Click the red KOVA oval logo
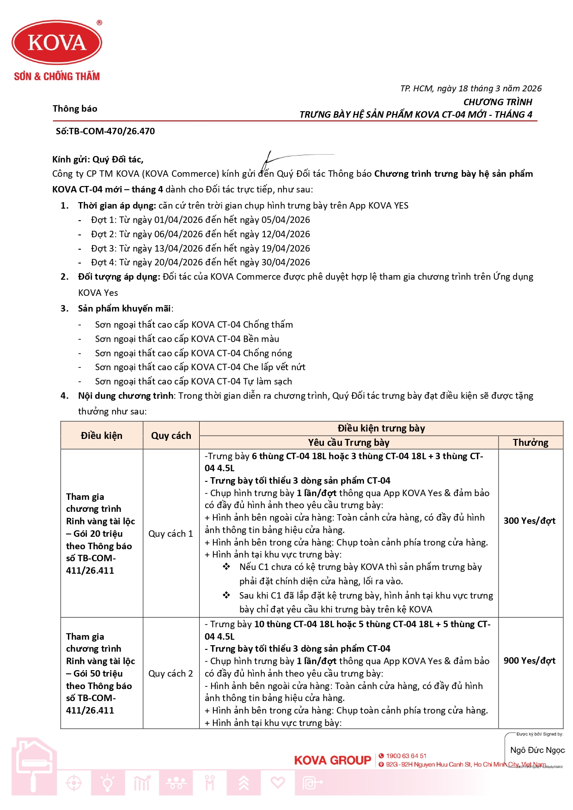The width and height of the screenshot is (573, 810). [57, 42]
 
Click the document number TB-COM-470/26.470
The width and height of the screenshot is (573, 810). [105, 131]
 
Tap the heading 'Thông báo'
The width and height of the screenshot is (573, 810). [75, 108]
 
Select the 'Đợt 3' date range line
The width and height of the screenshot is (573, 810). [200, 248]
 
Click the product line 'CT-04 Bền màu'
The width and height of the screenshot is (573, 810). [187, 339]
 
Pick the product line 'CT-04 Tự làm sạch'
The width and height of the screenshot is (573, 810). [193, 381]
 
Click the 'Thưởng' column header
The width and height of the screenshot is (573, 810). [530, 443]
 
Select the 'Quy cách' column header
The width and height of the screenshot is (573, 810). [171, 435]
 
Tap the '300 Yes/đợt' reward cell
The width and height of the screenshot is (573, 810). [530, 521]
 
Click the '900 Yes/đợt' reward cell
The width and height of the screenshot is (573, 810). [530, 660]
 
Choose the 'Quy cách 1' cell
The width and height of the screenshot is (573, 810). [171, 534]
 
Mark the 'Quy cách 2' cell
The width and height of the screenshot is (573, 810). [171, 673]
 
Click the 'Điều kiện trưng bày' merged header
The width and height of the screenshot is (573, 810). [381, 428]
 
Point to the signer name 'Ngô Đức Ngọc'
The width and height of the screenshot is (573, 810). [537, 750]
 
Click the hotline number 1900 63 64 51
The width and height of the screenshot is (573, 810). [406, 756]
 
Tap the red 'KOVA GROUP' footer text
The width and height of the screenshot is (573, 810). [333, 760]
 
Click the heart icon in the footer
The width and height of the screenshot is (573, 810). [277, 782]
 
